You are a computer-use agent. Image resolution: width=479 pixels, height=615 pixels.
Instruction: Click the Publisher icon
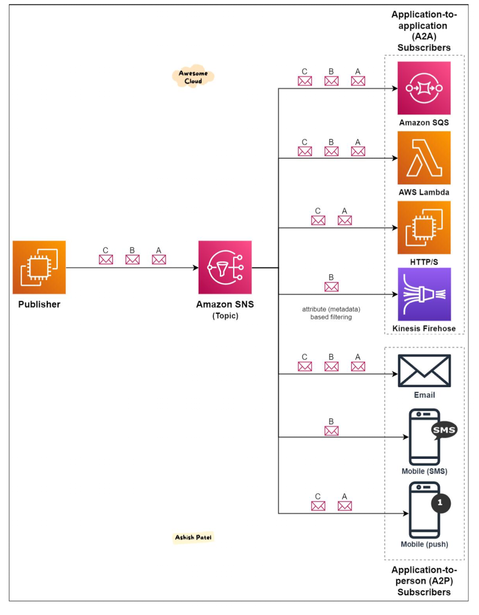point(39,267)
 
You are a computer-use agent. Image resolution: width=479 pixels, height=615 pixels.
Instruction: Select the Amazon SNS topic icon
point(225,267)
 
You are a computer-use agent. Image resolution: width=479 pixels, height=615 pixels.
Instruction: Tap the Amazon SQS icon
point(424,88)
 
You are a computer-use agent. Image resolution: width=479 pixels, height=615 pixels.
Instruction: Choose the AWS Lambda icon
point(424,158)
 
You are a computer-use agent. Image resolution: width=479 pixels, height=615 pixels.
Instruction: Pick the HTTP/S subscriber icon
point(424,228)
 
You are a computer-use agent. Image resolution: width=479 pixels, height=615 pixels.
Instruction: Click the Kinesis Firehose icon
point(424,294)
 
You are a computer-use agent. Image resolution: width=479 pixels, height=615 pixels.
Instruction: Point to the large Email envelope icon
point(424,371)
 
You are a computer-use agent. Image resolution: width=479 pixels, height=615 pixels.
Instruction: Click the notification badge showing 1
point(440,502)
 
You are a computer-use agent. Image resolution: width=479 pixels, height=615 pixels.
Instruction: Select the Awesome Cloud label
point(193,76)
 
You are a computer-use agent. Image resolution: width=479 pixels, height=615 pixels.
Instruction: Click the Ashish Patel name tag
point(193,537)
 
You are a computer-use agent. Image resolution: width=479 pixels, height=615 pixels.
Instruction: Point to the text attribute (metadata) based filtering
point(331,313)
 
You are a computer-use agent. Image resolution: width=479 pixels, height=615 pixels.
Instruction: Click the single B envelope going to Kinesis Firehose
point(331,287)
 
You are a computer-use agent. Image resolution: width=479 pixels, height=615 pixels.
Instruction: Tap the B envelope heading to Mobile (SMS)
point(331,431)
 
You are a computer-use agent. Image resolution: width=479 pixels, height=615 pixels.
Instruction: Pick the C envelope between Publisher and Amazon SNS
point(106,260)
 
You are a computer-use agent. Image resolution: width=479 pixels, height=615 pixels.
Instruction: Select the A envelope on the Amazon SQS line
point(358,81)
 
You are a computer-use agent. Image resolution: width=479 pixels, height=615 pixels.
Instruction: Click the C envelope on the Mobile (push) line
point(318,506)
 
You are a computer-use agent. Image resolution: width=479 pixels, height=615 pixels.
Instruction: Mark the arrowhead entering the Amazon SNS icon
point(196,267)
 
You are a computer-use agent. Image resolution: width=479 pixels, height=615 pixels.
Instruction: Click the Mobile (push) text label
point(424,544)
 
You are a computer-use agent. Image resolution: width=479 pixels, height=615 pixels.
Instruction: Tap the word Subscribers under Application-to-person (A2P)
point(424,592)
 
